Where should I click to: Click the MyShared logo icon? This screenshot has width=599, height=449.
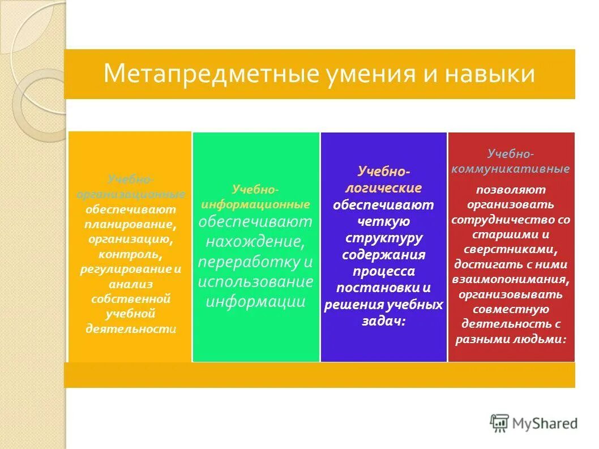click(499, 422)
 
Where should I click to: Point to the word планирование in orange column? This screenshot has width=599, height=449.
click(130, 224)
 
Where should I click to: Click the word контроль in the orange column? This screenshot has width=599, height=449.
click(130, 254)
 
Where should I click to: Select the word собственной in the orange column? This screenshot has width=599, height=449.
click(131, 298)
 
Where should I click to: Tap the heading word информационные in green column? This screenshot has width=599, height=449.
click(255, 204)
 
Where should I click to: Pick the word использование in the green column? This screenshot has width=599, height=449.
click(255, 281)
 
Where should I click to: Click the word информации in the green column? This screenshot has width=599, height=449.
click(255, 301)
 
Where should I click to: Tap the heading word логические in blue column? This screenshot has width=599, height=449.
click(383, 188)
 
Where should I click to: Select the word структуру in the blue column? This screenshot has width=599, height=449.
click(383, 237)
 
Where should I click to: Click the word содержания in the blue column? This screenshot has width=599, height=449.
click(383, 254)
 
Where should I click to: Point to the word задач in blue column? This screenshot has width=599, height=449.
click(382, 321)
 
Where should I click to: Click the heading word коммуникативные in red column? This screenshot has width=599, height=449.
click(511, 169)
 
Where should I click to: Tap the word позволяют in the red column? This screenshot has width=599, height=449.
click(511, 189)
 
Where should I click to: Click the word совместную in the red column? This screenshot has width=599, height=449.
click(511, 309)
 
